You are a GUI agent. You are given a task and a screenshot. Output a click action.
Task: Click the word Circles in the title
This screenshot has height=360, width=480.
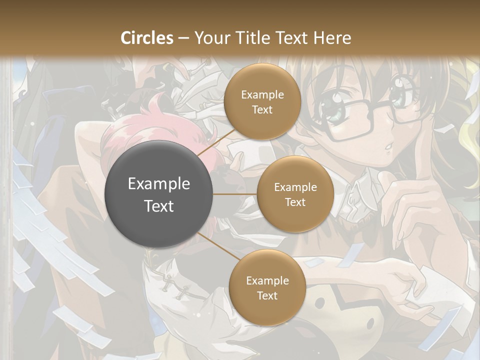[147, 38]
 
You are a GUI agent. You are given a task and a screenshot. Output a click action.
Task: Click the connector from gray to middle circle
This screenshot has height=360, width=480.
[235, 194]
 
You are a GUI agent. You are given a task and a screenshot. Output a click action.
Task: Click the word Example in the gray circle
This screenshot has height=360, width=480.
[159, 184]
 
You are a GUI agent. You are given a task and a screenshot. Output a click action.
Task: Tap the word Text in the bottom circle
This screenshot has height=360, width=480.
[267, 295]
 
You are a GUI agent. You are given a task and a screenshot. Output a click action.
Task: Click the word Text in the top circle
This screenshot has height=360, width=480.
[262, 109]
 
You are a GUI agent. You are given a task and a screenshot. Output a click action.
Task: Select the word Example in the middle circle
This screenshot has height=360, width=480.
[295, 187]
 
